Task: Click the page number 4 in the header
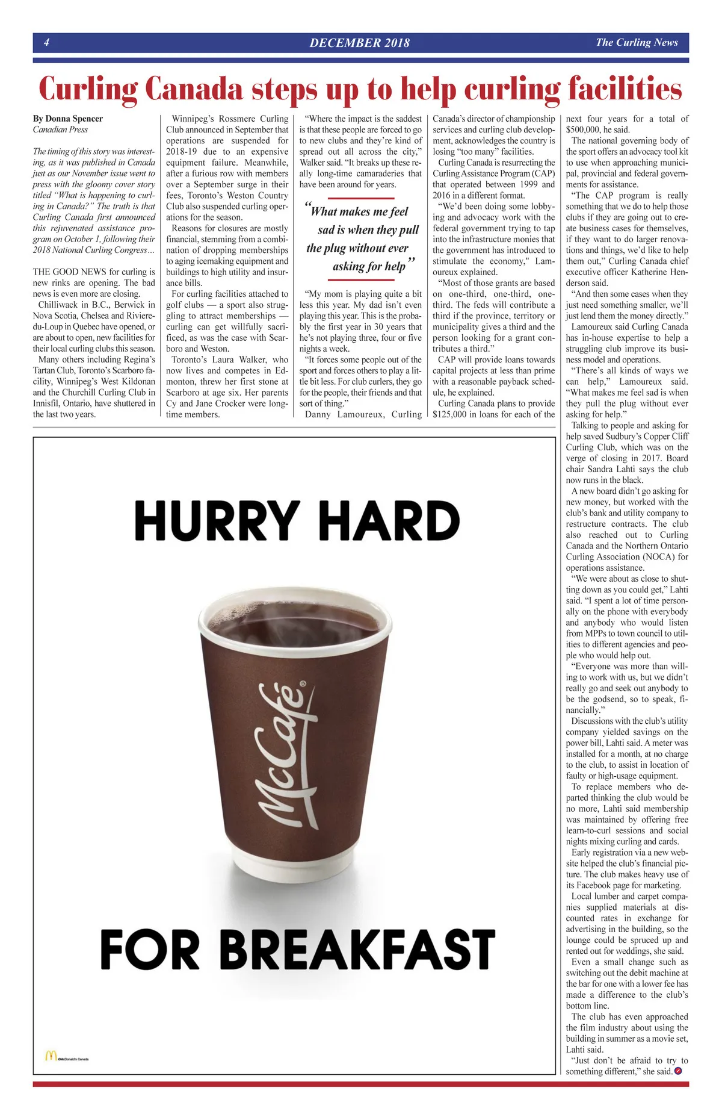pyautogui.click(x=46, y=43)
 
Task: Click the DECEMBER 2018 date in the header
pyautogui.click(x=359, y=43)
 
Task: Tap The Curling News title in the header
pyautogui.click(x=637, y=42)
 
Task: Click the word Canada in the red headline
pyautogui.click(x=194, y=89)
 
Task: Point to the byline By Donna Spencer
pyautogui.click(x=68, y=119)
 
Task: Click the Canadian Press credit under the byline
pyautogui.click(x=60, y=129)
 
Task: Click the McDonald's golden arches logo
pyautogui.click(x=51, y=1056)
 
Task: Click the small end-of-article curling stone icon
pyautogui.click(x=679, y=1071)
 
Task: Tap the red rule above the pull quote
pyautogui.click(x=361, y=198)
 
